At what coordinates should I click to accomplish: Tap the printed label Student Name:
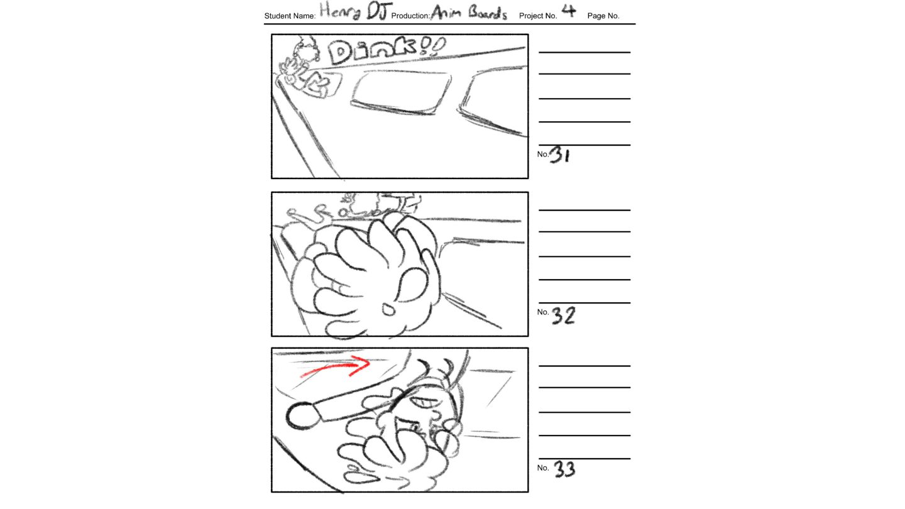tap(290, 16)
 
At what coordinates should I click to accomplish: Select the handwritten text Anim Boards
tap(469, 13)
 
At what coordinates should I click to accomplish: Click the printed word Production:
tap(410, 16)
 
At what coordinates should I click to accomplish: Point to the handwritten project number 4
tap(568, 11)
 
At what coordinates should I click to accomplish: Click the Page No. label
tap(603, 16)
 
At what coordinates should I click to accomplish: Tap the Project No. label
tap(538, 16)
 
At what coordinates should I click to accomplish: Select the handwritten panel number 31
tap(560, 154)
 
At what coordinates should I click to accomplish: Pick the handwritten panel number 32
tap(563, 315)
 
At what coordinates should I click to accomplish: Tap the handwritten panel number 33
tap(564, 469)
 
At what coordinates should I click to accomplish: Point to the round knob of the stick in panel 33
tap(303, 416)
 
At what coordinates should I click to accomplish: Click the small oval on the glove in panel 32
tap(388, 310)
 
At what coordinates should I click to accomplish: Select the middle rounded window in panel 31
tap(401, 92)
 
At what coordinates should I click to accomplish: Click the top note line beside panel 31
tap(584, 52)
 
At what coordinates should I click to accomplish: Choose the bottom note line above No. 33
tap(584, 459)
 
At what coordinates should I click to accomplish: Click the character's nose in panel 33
tap(436, 415)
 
